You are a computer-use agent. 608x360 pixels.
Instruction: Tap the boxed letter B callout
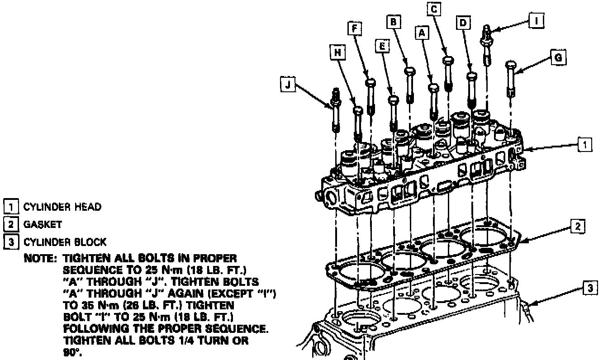click(393, 21)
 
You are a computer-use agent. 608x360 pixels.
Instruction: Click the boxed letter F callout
click(355, 28)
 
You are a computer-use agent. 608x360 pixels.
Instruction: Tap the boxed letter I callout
click(537, 20)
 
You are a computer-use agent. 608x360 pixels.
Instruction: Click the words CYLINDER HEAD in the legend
click(62, 207)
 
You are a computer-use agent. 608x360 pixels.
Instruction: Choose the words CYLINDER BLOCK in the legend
click(65, 242)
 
